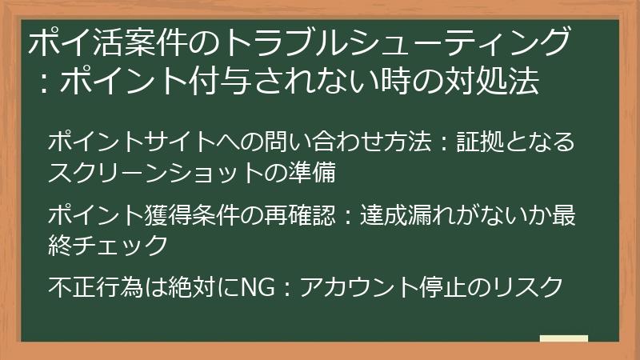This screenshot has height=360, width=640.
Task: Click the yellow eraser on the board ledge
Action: coord(563,338)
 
